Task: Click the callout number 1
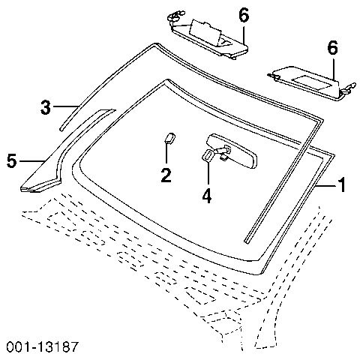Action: (x=342, y=184)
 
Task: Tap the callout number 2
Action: (x=166, y=175)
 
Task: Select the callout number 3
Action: (x=46, y=107)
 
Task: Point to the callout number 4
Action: (x=207, y=196)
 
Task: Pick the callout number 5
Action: (x=12, y=160)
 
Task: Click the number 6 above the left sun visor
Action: (x=244, y=15)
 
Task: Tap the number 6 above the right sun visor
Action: (x=333, y=47)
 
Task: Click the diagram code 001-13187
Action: (x=42, y=347)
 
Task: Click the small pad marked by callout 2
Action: (x=169, y=138)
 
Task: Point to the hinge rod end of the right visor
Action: (x=350, y=88)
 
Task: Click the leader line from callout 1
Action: (x=325, y=185)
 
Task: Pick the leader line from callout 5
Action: (x=32, y=161)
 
